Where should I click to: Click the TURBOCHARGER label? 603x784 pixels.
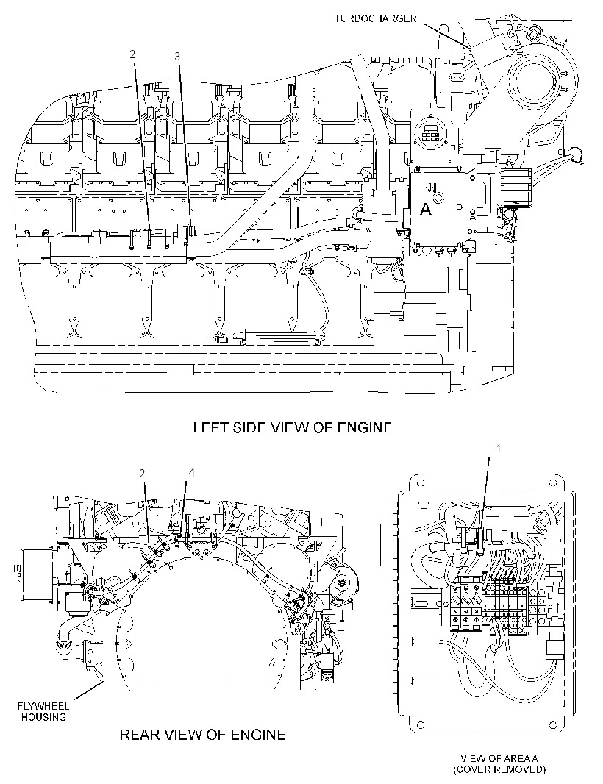[x=375, y=18]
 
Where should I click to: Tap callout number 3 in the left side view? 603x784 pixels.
[x=177, y=57]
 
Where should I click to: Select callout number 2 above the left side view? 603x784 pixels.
[x=132, y=54]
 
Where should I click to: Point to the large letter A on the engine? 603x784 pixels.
[x=426, y=210]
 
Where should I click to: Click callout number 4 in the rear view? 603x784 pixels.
[x=191, y=472]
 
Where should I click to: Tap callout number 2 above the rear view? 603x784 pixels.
[x=142, y=473]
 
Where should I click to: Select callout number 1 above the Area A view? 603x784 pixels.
[x=498, y=449]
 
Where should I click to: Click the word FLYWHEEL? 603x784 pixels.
[x=43, y=707]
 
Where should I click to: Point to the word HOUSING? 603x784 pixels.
[x=43, y=717]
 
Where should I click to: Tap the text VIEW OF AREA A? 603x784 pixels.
[x=499, y=758]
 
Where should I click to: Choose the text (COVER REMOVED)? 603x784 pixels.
[x=499, y=769]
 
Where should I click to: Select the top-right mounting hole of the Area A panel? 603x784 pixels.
[x=553, y=483]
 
